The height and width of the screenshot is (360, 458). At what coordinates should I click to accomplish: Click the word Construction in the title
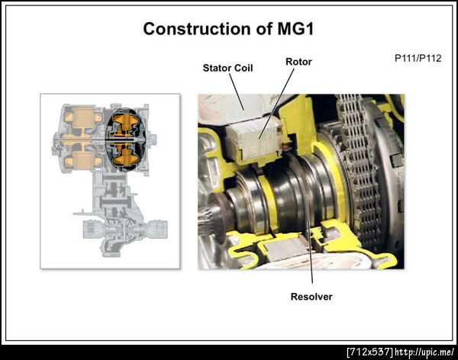[197, 29]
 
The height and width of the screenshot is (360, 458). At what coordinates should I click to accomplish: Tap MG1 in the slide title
[295, 29]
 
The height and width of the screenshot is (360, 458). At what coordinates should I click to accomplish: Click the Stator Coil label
[227, 68]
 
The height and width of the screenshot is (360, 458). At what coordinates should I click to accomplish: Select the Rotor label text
[298, 62]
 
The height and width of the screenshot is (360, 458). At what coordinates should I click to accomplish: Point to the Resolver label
[311, 297]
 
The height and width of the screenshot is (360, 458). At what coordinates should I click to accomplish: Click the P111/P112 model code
[418, 59]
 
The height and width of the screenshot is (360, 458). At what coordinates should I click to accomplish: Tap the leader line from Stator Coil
[237, 92]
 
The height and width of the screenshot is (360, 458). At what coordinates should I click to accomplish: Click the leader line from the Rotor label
[276, 103]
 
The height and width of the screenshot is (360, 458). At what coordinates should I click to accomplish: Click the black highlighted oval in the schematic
[125, 140]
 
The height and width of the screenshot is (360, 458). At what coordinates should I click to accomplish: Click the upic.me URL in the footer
[424, 352]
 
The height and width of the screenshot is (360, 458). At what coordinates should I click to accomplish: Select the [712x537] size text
[369, 352]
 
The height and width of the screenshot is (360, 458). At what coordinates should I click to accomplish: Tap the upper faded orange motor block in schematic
[82, 117]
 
